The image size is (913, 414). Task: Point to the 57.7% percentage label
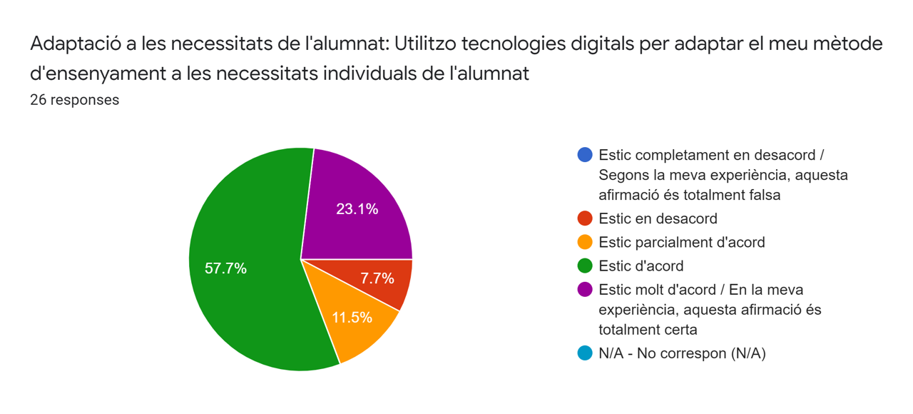click(x=225, y=268)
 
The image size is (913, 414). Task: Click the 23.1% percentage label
click(x=357, y=209)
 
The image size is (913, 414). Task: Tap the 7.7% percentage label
click(x=377, y=278)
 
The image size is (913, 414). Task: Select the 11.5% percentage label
click(x=352, y=318)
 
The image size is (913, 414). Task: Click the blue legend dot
click(x=585, y=155)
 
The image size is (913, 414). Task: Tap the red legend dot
click(x=585, y=218)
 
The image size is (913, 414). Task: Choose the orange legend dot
click(x=585, y=242)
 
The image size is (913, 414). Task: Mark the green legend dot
click(x=585, y=266)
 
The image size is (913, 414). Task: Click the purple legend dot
click(x=585, y=290)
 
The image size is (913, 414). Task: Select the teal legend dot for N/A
click(x=585, y=353)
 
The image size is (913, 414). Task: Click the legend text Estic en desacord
click(x=658, y=218)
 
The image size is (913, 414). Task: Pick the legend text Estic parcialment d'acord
click(x=681, y=242)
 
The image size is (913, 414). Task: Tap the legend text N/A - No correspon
click(x=682, y=353)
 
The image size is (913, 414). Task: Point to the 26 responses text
click(x=74, y=100)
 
